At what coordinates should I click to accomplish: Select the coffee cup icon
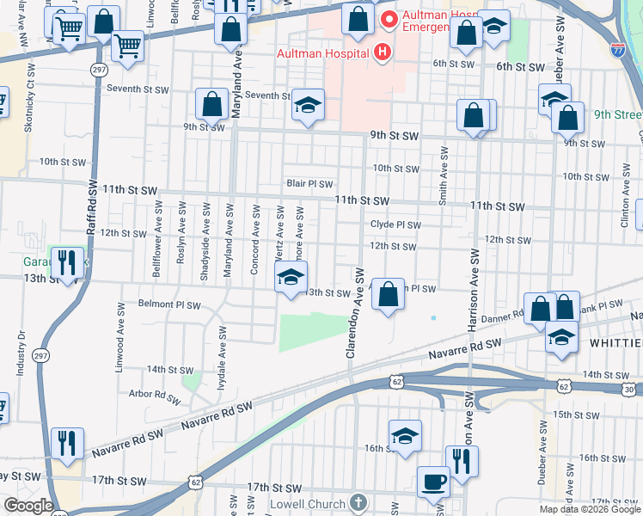coord(433,481)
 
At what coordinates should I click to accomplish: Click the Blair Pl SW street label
coord(309,183)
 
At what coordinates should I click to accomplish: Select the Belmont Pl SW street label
coord(169,304)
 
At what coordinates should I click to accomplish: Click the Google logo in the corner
coord(28,506)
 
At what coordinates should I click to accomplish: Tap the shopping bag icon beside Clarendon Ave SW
coord(389,294)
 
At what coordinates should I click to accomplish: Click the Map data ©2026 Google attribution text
coord(589,509)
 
